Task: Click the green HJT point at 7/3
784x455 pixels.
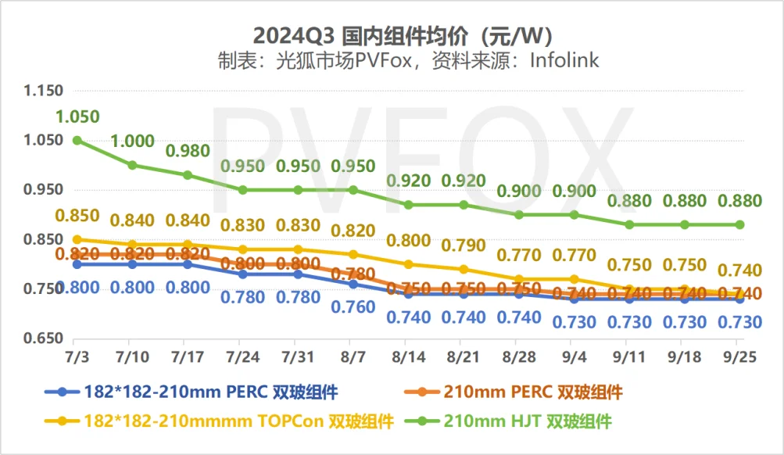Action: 77,140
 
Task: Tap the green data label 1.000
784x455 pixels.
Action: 131,142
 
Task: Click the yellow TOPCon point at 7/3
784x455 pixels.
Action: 77,239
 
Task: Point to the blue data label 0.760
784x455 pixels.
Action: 353,307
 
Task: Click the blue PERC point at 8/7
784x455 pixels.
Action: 353,284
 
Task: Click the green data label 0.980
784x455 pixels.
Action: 187,151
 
